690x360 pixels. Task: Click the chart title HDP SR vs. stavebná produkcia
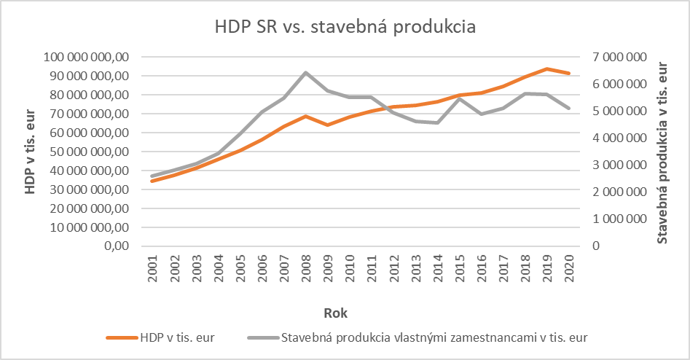pos(345,28)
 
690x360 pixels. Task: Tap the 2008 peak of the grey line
pos(305,73)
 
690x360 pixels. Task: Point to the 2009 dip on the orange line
pos(328,125)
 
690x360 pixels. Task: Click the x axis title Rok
pos(335,313)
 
